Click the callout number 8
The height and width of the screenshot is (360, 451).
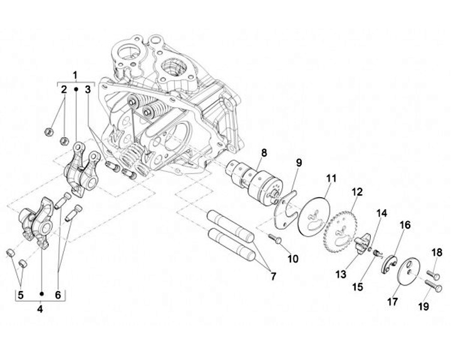pos(264,152)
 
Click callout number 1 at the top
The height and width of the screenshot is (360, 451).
pos(76,75)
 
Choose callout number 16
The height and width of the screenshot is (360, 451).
pos(405,225)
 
